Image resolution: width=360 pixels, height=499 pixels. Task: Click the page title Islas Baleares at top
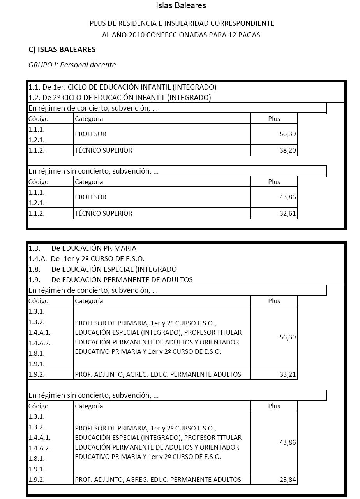tap(181, 6)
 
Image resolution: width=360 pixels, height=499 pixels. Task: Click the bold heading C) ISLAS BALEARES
tap(62, 50)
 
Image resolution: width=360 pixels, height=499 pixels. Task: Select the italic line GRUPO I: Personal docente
tap(72, 65)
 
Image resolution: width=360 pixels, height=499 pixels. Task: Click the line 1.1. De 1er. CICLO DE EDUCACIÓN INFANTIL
tap(122, 87)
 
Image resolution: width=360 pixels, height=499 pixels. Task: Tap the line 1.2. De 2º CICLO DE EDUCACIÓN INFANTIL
tap(120, 98)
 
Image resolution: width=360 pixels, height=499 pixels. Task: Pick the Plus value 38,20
tap(288, 150)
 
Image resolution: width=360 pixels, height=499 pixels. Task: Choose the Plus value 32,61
tap(288, 213)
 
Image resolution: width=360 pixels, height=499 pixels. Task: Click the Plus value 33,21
tap(288, 374)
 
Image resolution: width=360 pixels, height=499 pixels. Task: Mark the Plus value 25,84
tap(288, 480)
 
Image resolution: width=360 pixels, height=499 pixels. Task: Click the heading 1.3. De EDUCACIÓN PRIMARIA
tap(83, 248)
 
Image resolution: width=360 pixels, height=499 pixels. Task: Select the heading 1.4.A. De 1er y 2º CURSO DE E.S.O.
tap(86, 259)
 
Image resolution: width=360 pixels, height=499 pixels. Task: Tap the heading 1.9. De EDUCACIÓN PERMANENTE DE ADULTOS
tap(111, 280)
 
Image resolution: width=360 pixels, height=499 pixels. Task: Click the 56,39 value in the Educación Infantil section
tap(288, 134)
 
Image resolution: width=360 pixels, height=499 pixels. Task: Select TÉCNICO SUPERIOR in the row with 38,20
tap(104, 150)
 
